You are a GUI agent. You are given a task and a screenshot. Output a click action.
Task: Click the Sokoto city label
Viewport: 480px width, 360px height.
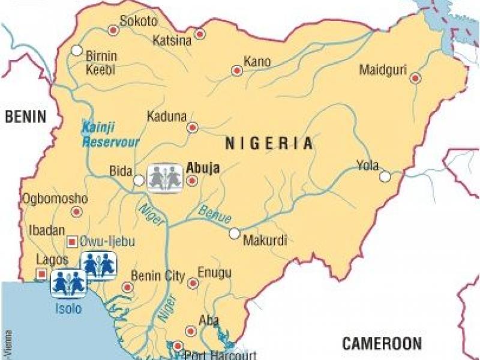(138, 21)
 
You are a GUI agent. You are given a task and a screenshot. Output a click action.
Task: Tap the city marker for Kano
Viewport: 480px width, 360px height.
(237, 71)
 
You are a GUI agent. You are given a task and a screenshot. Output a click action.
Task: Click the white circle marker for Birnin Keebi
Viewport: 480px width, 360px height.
(77, 50)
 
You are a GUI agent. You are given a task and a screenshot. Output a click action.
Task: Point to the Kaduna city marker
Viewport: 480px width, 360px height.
(193, 127)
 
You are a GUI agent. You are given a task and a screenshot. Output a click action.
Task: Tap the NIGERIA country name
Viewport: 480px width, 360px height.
(269, 143)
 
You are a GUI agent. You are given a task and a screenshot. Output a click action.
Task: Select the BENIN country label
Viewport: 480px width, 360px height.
(25, 117)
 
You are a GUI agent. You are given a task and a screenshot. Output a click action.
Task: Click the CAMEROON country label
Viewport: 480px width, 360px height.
(382, 344)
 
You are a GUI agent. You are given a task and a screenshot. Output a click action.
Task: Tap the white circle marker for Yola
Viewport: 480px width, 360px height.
(385, 176)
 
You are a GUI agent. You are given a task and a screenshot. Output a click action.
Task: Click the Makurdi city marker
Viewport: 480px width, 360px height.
(235, 233)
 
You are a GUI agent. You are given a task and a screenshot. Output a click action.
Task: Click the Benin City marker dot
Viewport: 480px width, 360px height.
(127, 287)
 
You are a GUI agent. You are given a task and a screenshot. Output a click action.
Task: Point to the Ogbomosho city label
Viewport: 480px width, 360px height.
(55, 199)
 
